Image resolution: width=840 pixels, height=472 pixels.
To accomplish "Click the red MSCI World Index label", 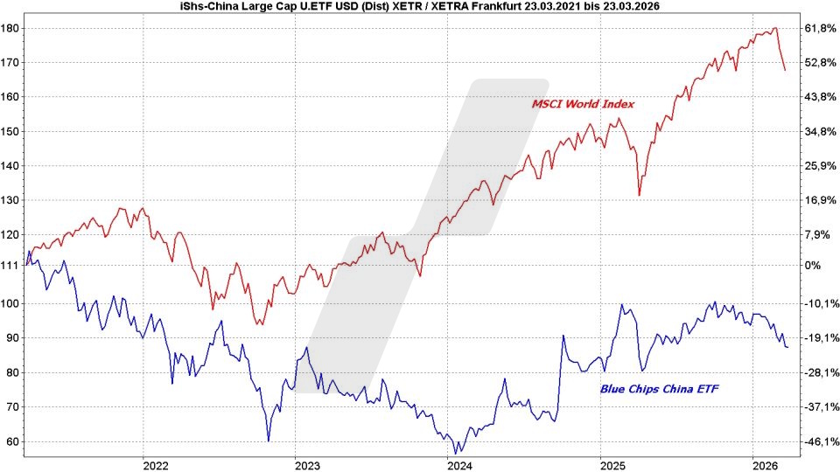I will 583,104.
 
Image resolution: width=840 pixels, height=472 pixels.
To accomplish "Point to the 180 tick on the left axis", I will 11,29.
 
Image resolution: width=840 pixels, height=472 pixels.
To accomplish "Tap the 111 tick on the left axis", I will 11,265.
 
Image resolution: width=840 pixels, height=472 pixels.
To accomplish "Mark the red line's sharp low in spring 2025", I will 640,195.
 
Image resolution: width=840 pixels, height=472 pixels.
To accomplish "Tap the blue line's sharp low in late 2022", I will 269,441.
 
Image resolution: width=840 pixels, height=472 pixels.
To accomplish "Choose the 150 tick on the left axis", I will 11,132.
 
